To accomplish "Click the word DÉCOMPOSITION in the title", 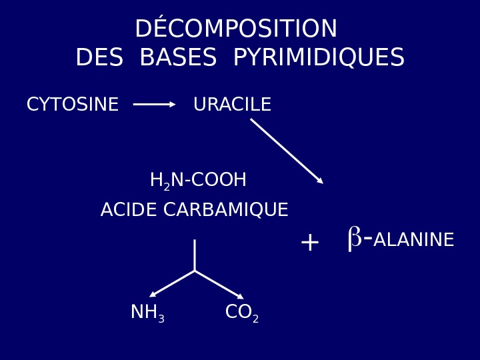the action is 236,29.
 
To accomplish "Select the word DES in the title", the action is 99,59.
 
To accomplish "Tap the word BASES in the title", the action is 178,59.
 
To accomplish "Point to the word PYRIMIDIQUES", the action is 319,59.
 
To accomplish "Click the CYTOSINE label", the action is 73,105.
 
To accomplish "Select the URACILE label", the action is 232,105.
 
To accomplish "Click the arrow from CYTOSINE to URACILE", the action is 154,105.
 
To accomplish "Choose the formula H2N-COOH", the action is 198,181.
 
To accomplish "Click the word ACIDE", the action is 129,211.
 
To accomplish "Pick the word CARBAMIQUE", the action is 225,211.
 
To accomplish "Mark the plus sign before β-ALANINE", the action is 309,243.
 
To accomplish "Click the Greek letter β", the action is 355,238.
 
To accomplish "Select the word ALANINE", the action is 413,241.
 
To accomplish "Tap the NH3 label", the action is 147,313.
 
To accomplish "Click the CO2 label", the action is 241,313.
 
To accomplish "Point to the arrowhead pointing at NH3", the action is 153,294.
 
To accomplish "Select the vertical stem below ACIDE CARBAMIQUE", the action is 195,255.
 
